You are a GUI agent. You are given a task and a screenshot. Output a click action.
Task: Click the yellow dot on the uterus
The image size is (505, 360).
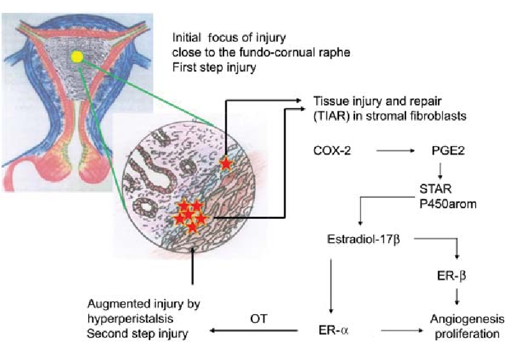(77, 57)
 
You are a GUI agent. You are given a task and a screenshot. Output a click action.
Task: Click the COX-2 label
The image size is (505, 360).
(332, 151)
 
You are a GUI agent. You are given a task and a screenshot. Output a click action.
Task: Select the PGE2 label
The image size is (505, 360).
(448, 151)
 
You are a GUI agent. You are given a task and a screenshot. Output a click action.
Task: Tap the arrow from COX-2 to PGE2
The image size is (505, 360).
(395, 151)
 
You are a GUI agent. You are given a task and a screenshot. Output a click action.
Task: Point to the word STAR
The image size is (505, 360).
(435, 189)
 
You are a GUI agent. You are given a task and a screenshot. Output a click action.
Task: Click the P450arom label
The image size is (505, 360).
(448, 204)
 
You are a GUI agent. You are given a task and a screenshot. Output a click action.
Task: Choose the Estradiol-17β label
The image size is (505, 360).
(364, 239)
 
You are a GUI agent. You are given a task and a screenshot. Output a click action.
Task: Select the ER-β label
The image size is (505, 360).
(451, 276)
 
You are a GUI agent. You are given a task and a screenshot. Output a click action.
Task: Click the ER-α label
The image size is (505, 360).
(333, 331)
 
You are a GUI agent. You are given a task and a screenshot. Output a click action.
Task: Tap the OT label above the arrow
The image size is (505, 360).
(259, 319)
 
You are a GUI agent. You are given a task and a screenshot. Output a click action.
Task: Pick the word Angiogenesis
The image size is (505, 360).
(467, 319)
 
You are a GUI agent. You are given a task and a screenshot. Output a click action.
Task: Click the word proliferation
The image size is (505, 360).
(467, 334)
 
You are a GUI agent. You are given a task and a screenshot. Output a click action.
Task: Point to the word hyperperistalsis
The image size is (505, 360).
(130, 319)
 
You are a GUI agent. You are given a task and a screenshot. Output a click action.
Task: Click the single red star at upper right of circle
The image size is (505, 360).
(226, 163)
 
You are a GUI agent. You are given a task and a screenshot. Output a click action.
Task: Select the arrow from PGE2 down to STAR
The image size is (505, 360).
(440, 170)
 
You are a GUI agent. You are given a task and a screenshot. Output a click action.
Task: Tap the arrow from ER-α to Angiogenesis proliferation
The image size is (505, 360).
(402, 331)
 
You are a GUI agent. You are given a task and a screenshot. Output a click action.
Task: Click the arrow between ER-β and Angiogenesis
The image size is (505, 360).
(456, 297)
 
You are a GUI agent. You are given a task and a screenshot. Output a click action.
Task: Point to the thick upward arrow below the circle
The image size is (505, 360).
(193, 266)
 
